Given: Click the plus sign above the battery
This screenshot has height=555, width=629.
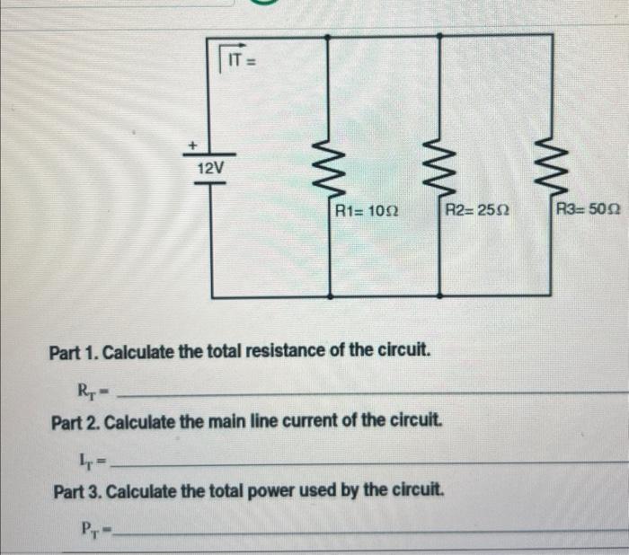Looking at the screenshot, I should coord(190,143).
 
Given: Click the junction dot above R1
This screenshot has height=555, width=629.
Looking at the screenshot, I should coord(327,36).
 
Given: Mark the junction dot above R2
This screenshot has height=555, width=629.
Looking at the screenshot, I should coord(439,36).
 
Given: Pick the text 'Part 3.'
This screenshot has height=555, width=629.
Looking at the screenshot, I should coord(77,491).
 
